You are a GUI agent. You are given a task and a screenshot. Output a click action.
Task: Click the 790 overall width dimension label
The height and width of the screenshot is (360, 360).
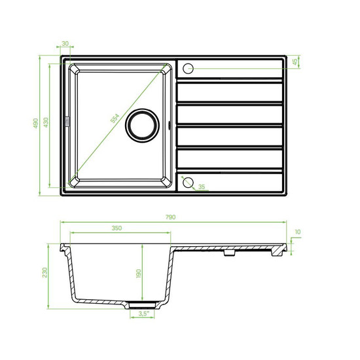[171, 217]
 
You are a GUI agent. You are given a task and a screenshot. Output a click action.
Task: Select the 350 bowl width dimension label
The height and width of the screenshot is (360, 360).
[117, 228]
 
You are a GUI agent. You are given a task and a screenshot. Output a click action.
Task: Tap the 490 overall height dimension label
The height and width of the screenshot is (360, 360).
[35, 123]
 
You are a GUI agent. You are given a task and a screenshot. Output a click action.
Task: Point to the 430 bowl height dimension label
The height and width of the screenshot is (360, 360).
[46, 122]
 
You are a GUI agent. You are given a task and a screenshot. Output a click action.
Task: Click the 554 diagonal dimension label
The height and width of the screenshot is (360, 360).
[115, 118]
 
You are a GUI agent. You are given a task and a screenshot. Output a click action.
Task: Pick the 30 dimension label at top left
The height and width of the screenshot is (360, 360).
[65, 43]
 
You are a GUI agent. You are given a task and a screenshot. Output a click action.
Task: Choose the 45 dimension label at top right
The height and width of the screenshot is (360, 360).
[295, 62]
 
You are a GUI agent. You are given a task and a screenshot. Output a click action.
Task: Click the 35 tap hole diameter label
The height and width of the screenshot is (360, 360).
[202, 187]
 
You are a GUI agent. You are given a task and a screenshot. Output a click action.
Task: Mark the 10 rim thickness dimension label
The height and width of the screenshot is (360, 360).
[298, 232]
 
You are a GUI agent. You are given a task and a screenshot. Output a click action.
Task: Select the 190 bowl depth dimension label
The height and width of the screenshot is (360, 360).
[139, 274]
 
